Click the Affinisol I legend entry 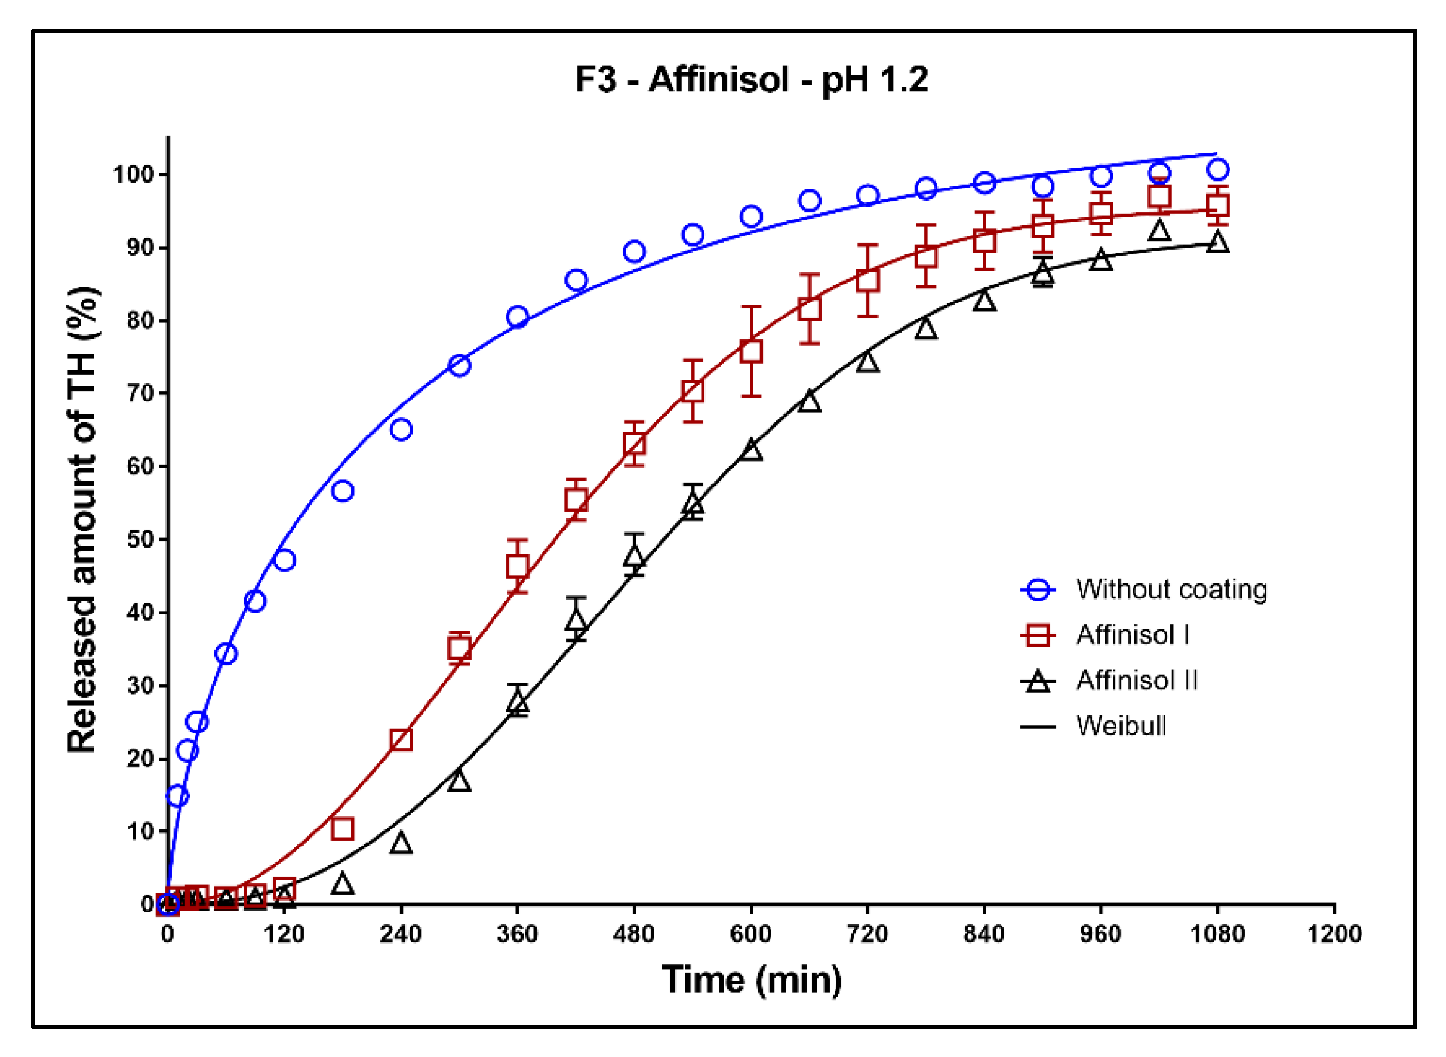[x=1132, y=635]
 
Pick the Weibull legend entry [x=1121, y=726]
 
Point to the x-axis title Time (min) [x=751, y=979]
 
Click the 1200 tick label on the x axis [x=1333, y=933]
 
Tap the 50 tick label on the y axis [x=141, y=539]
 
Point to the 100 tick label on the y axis [x=134, y=174]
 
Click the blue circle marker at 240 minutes [x=401, y=429]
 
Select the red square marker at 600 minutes [x=751, y=351]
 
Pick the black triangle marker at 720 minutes [x=867, y=362]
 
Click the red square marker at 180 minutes [x=343, y=829]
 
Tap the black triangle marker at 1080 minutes [x=1217, y=242]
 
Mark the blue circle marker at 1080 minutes [x=1217, y=170]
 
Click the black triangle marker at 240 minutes [x=401, y=843]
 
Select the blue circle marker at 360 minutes [x=518, y=317]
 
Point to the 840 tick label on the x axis [x=984, y=933]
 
